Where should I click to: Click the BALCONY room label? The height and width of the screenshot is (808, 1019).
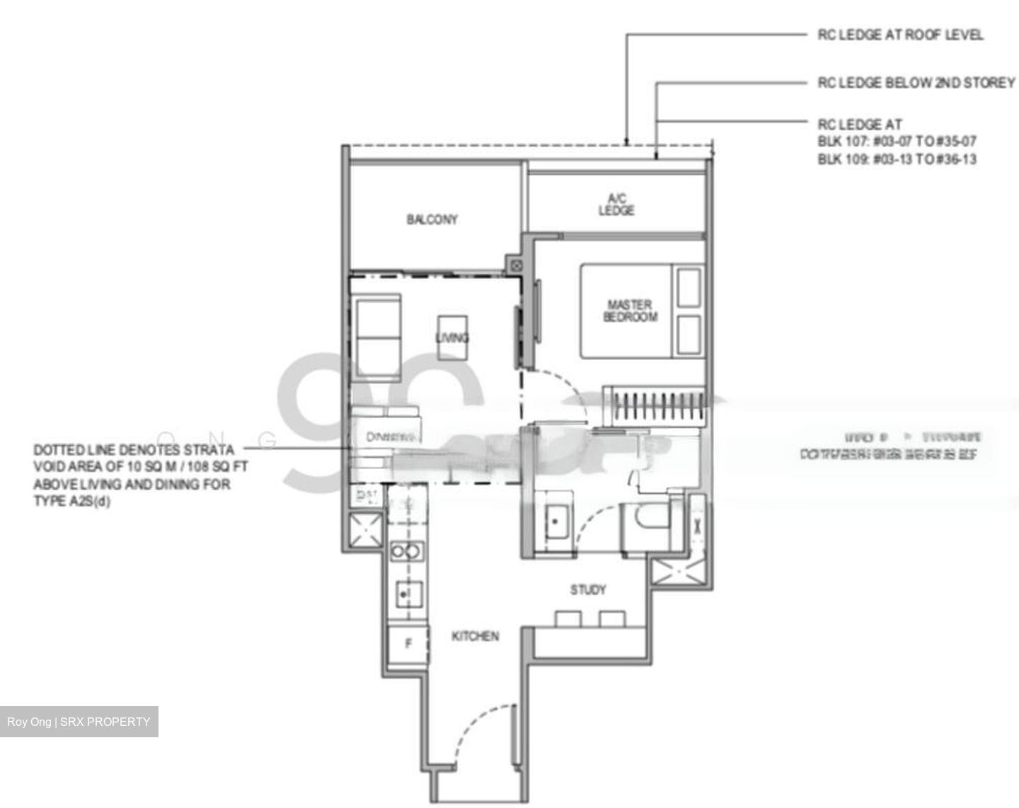point(432,219)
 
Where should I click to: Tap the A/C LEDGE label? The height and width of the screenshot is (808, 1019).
point(616,204)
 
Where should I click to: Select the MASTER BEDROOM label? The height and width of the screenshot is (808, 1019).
point(630,311)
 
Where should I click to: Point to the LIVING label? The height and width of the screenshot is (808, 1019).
point(452,337)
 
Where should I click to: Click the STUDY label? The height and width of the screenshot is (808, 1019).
point(588,589)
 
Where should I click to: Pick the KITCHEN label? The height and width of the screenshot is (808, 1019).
point(475,636)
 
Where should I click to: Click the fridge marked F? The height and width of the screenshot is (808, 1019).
point(408,644)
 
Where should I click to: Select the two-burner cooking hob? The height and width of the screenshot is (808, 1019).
point(408,551)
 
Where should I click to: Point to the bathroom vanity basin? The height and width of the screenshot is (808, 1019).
point(555,521)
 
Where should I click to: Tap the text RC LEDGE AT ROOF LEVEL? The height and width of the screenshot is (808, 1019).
point(900,34)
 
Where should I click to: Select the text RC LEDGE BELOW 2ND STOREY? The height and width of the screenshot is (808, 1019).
point(916,83)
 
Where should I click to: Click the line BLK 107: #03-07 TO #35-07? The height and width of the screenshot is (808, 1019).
point(897,141)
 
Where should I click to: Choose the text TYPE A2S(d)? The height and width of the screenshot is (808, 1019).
point(71,502)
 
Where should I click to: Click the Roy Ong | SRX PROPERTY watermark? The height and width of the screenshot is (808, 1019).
point(79,722)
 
